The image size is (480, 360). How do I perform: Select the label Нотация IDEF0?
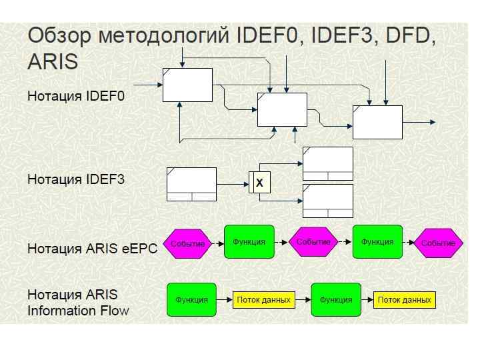pos(76,96)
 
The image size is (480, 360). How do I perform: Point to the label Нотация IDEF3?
pos(76,179)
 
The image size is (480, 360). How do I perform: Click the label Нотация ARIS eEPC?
pos(92,249)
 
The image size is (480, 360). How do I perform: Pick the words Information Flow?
pos(78,310)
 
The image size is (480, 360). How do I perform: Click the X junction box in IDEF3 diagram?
pos(260,182)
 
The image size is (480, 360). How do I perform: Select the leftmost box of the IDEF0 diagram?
pos(187,85)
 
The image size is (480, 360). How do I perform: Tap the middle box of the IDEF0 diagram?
pos(282,109)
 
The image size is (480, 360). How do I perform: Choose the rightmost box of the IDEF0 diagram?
pos(377,122)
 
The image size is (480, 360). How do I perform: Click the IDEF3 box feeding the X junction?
pos(191,184)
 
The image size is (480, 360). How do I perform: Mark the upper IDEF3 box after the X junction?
pos(328,163)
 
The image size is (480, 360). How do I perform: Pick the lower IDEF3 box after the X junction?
pos(328,201)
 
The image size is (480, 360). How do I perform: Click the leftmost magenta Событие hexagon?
pos(187,243)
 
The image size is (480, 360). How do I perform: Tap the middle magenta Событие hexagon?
pos(313,242)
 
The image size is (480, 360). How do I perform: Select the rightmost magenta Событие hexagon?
pos(438,243)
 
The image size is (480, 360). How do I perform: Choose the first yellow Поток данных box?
pos(264,300)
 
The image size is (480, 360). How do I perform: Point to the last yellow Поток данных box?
pos(405,300)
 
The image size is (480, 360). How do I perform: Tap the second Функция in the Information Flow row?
pos(336,300)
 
